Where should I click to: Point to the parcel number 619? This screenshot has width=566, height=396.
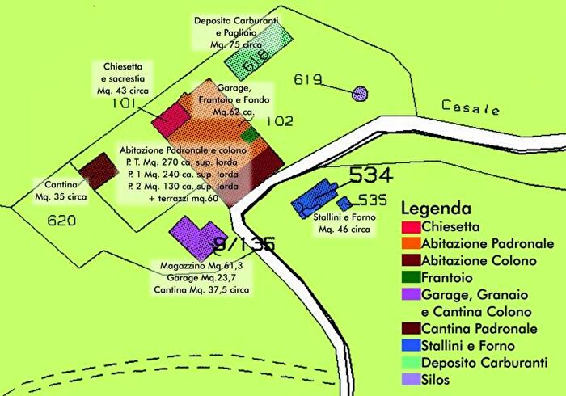coord(308,79)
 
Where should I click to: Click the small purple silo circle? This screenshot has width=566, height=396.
coord(360,95)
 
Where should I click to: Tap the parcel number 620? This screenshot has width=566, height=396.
coord(61,221)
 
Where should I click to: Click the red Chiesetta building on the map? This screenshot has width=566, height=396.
coord(171,119)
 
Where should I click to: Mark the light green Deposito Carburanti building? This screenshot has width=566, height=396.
coord(257,49)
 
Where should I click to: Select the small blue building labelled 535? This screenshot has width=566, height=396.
coord(344,203)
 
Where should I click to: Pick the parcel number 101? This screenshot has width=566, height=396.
coord(123,103)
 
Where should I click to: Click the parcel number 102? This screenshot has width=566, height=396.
coord(279,122)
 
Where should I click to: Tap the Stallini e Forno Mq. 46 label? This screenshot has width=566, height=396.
coord(344,223)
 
